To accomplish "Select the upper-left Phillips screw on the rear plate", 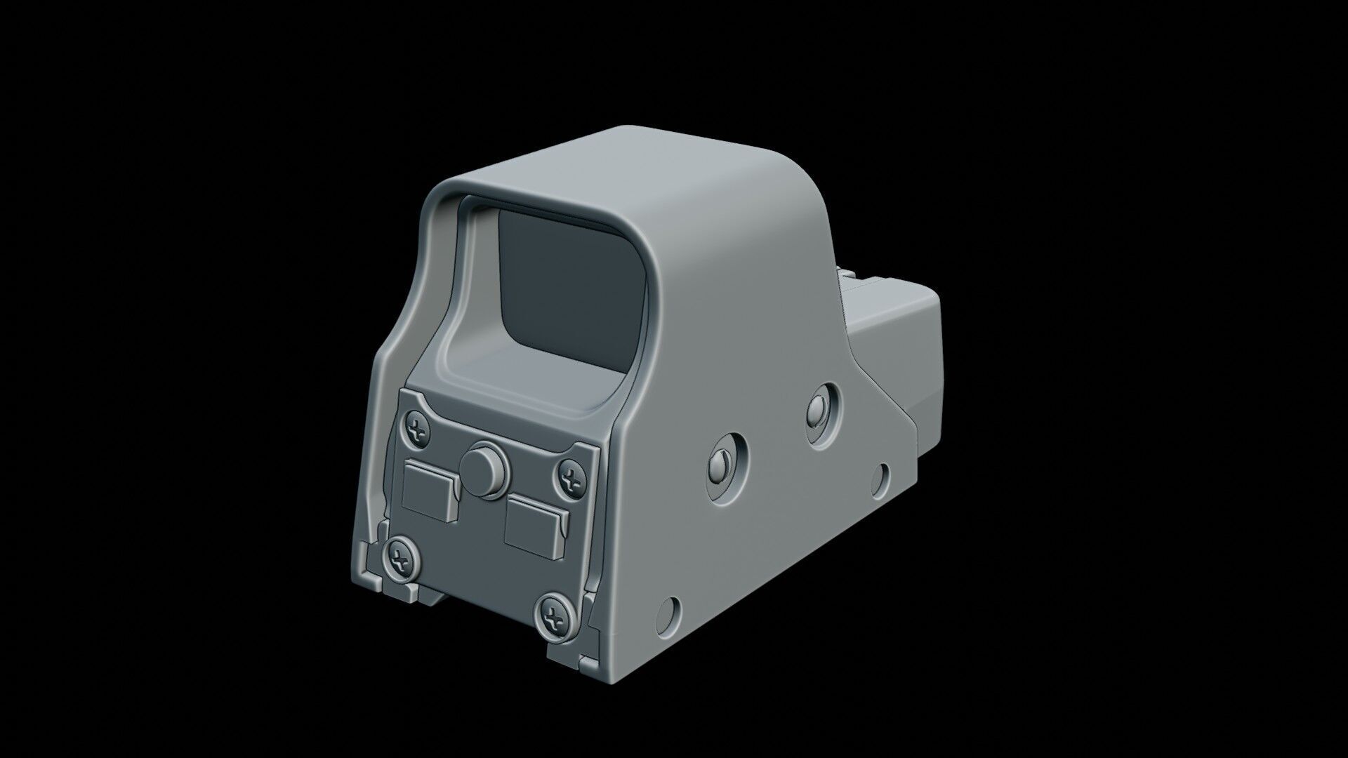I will (417, 430).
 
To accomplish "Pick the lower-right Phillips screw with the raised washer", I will (556, 618).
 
